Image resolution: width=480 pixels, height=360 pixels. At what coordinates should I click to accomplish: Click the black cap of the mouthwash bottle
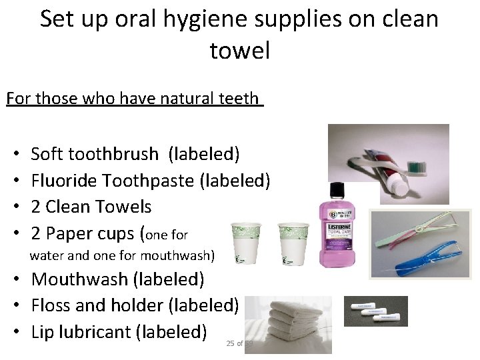tap(337, 189)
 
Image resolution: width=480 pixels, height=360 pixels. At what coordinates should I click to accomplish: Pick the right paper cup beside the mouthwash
tap(293, 243)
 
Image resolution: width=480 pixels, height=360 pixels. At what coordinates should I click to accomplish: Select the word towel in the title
tap(239, 51)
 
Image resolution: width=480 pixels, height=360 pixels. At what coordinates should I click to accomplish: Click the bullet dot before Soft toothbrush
tap(15, 155)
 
